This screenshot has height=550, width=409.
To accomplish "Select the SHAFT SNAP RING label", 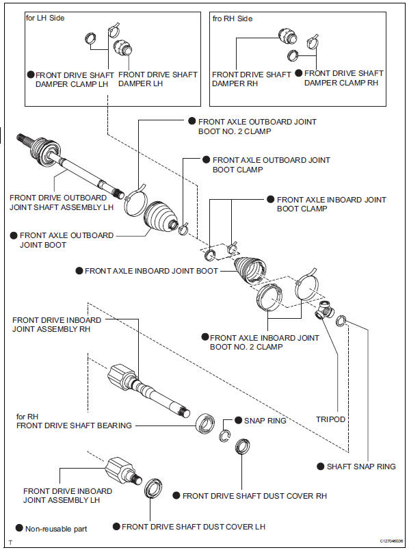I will (x=360, y=467).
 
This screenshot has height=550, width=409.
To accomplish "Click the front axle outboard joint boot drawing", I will (x=161, y=217).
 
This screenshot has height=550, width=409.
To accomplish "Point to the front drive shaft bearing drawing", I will (x=204, y=421).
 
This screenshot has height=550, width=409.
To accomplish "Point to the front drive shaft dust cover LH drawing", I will (x=153, y=491).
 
